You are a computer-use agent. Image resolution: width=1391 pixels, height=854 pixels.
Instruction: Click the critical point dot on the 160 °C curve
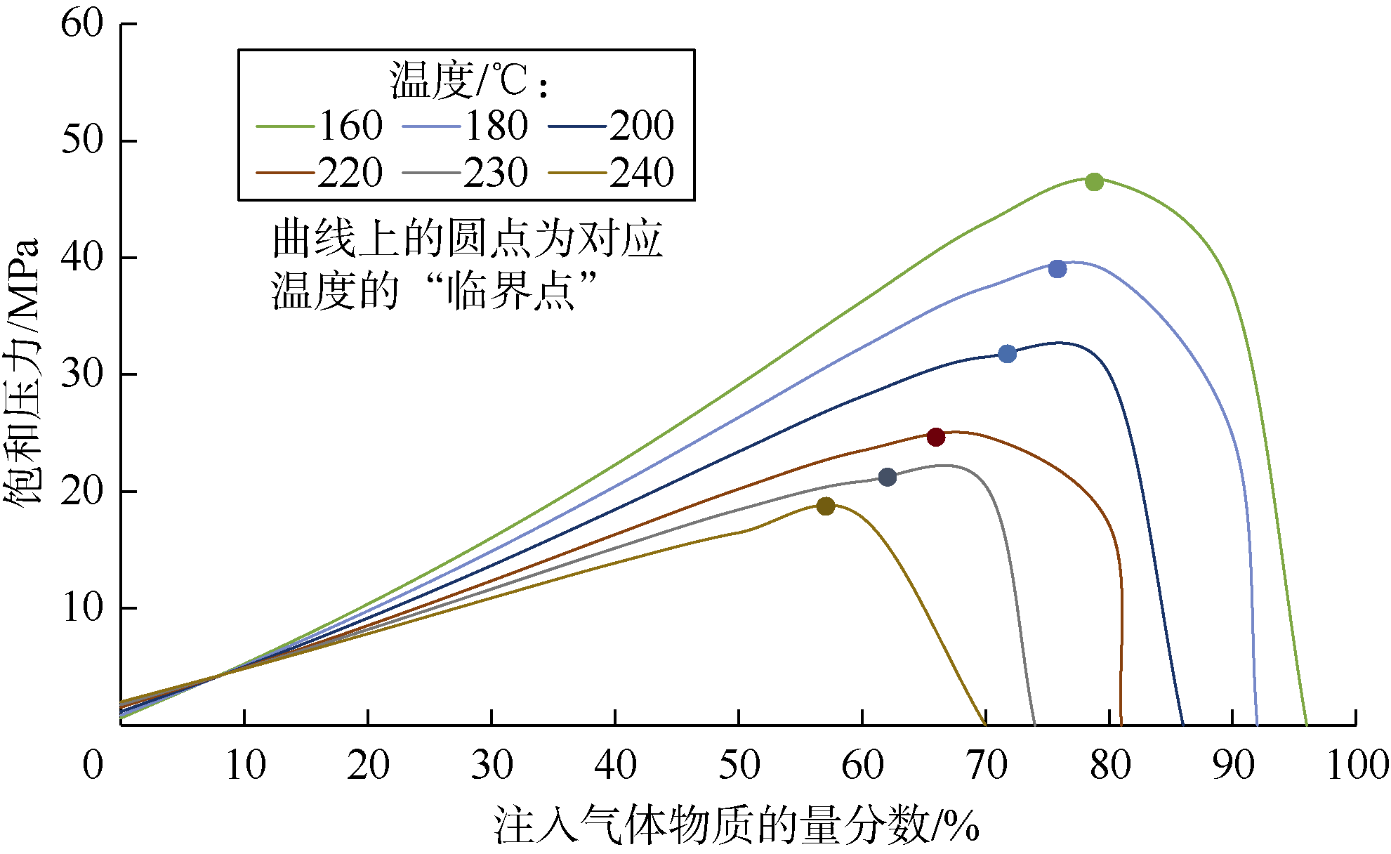pos(1094,182)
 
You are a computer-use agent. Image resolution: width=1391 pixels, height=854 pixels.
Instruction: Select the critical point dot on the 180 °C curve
pos(1057,269)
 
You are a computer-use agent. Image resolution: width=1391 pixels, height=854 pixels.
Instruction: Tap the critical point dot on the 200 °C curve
pos(1007,354)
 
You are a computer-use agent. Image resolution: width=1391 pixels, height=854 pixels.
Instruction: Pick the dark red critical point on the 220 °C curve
pos(936,437)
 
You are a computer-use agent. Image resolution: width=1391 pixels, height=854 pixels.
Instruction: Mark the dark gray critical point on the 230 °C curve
pos(888,478)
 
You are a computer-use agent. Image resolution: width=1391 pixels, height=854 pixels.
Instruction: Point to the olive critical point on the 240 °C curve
pos(826,506)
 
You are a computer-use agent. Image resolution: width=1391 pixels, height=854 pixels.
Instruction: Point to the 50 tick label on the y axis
pos(82,140)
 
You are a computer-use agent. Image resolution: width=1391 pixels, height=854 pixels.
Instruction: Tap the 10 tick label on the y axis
pos(82,607)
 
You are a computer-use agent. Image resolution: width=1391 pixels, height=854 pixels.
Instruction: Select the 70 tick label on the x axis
pos(986,765)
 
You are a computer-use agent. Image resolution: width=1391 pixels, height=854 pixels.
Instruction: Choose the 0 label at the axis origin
pos(93,765)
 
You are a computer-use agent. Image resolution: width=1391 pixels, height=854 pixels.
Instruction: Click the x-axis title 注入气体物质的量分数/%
pos(737,825)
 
